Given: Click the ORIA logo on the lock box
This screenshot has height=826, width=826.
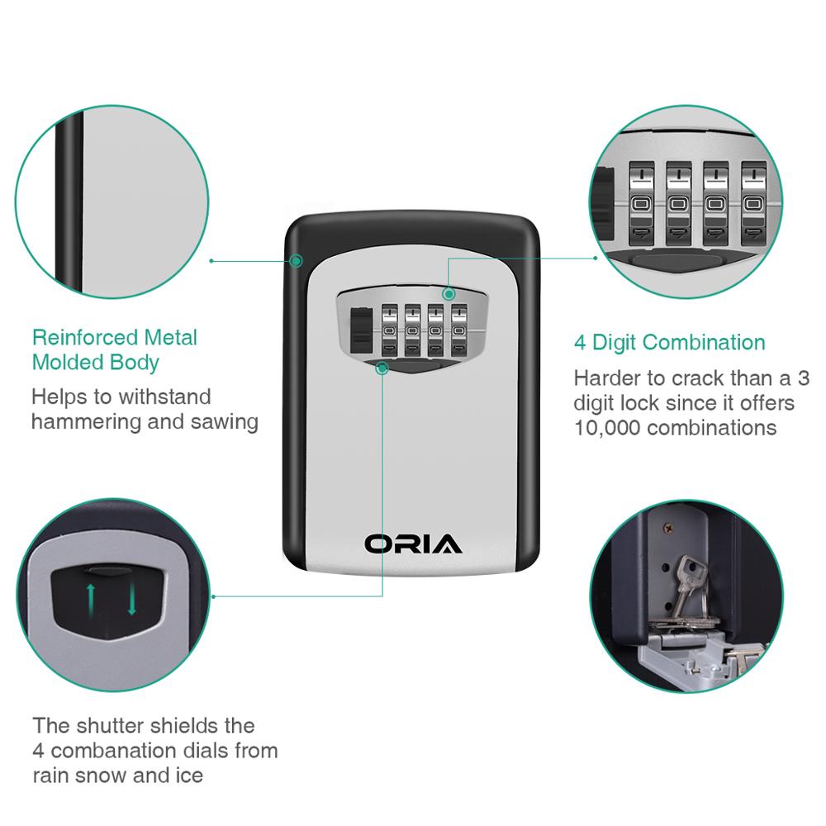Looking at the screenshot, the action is (413, 544).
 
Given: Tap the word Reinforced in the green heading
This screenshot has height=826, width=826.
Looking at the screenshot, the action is (85, 337).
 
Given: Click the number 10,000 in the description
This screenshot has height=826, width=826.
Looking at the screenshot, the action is (607, 428).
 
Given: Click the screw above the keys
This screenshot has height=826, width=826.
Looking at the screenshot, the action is (670, 526).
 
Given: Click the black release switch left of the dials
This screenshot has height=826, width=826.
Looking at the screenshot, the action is (360, 330).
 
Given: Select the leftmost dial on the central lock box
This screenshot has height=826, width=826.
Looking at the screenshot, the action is (389, 330).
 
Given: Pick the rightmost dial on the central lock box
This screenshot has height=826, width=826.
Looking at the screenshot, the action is (458, 330).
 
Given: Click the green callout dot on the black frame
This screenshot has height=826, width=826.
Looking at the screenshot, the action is (297, 260).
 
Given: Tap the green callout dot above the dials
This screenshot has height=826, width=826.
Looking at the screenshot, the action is (449, 293).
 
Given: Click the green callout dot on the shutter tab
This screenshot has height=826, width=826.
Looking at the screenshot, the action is (382, 368).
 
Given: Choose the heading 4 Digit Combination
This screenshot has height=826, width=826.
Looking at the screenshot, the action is (670, 343).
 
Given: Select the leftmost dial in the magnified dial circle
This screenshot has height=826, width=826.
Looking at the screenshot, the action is (642, 204).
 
